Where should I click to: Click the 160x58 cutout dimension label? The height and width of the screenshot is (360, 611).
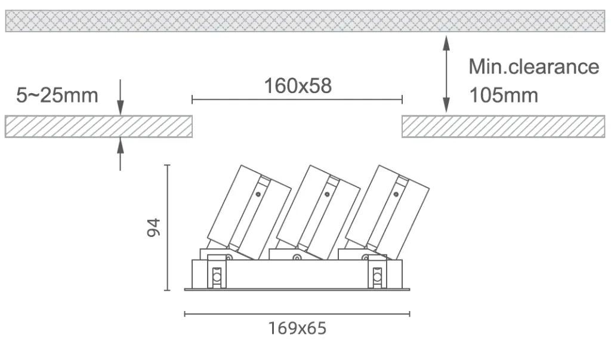point(298,86)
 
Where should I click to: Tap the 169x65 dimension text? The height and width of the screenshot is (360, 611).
point(297,328)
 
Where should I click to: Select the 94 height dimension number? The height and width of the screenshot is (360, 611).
point(153,227)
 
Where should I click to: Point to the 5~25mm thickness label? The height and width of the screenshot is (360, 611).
point(57,96)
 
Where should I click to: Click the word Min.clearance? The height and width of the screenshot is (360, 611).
point(534,67)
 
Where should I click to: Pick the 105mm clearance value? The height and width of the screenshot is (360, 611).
point(504,96)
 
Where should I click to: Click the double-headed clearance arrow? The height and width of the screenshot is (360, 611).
point(446,74)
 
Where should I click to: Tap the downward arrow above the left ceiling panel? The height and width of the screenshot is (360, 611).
point(121,97)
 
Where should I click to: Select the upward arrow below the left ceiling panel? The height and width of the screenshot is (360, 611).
point(121,154)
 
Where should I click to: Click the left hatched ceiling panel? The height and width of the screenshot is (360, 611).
point(98,127)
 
